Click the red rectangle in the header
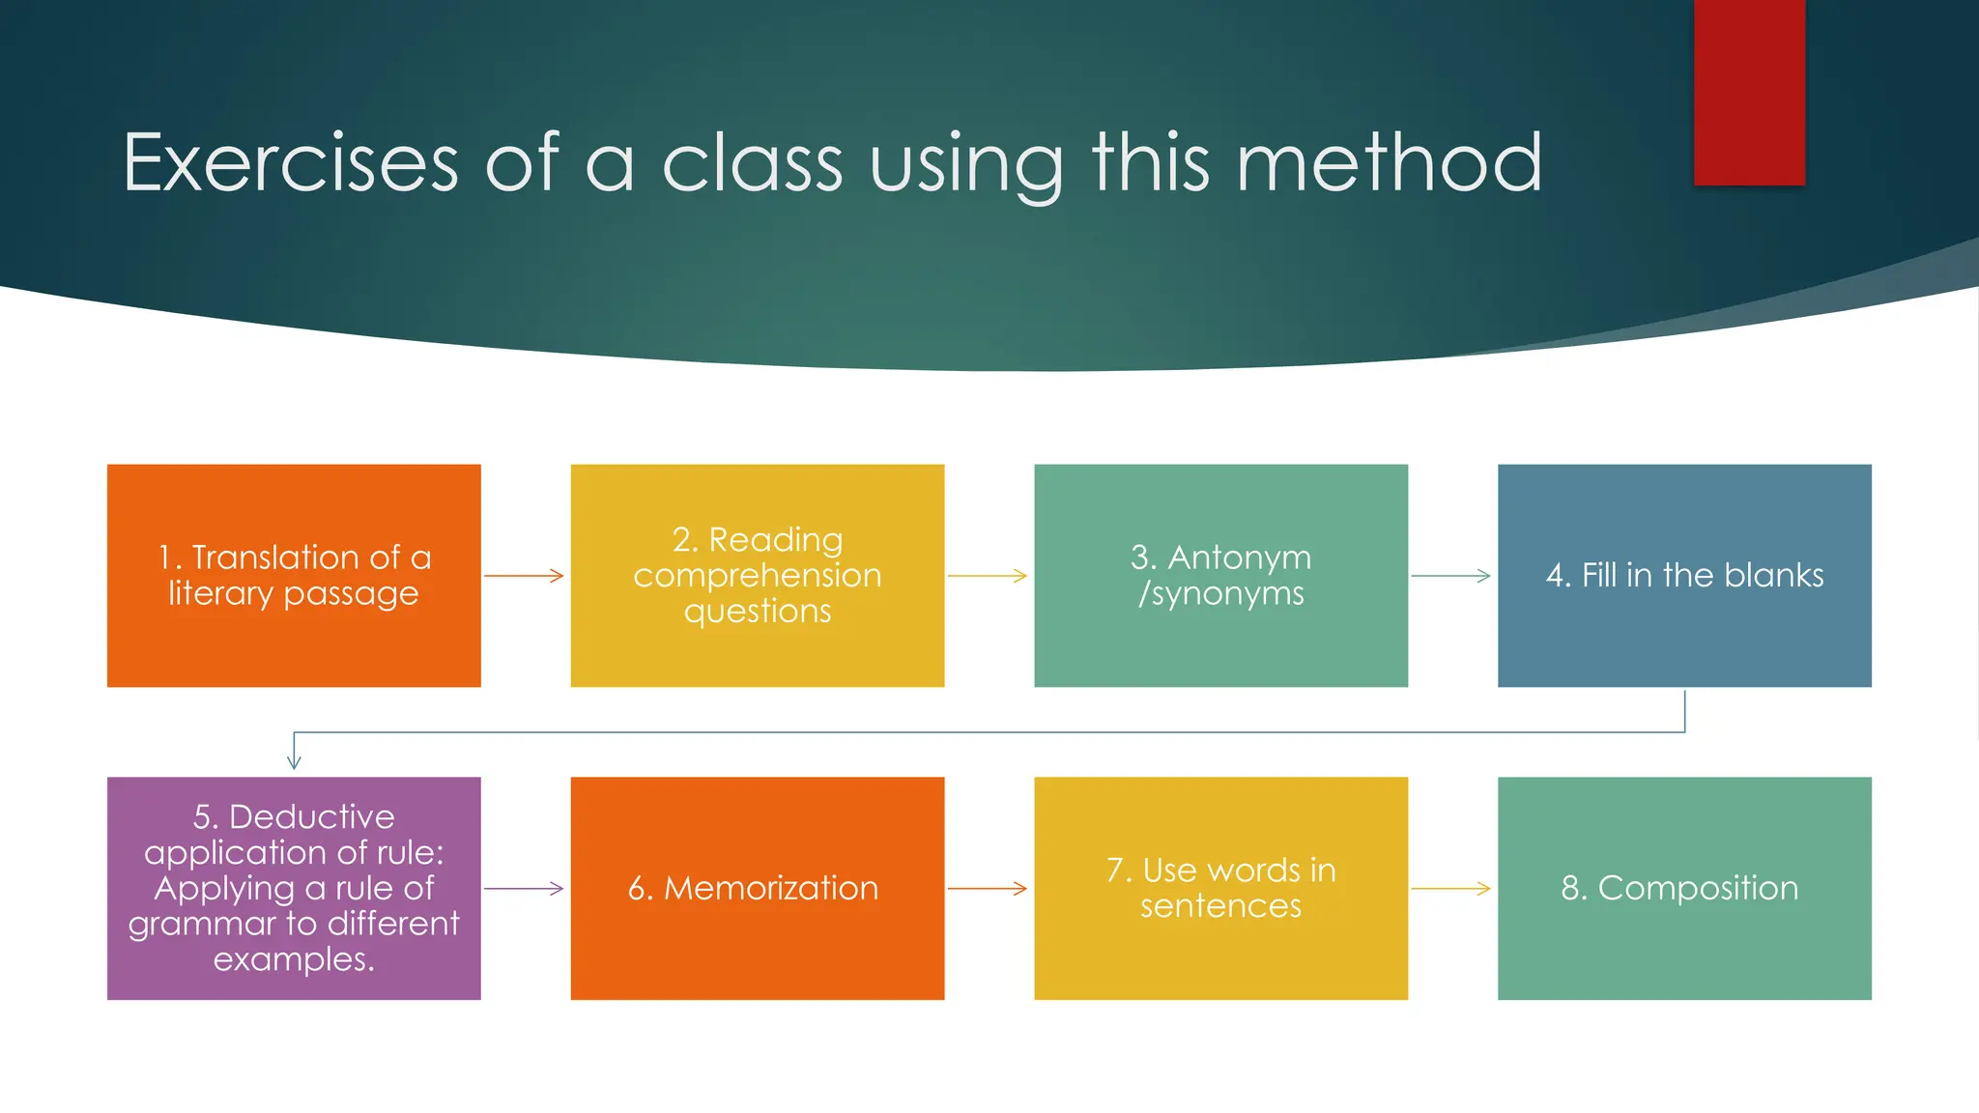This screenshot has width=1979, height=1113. click(x=1749, y=92)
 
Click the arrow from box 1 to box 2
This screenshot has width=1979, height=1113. click(x=524, y=576)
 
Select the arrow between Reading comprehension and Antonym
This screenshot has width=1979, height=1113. click(x=987, y=576)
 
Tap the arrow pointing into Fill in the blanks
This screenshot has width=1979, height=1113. click(x=1450, y=576)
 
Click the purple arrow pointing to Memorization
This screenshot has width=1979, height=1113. click(x=524, y=888)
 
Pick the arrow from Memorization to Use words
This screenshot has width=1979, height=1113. click(x=987, y=888)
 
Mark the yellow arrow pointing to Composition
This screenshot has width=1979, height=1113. click(x=1450, y=888)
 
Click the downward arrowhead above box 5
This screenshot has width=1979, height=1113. click(x=294, y=761)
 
